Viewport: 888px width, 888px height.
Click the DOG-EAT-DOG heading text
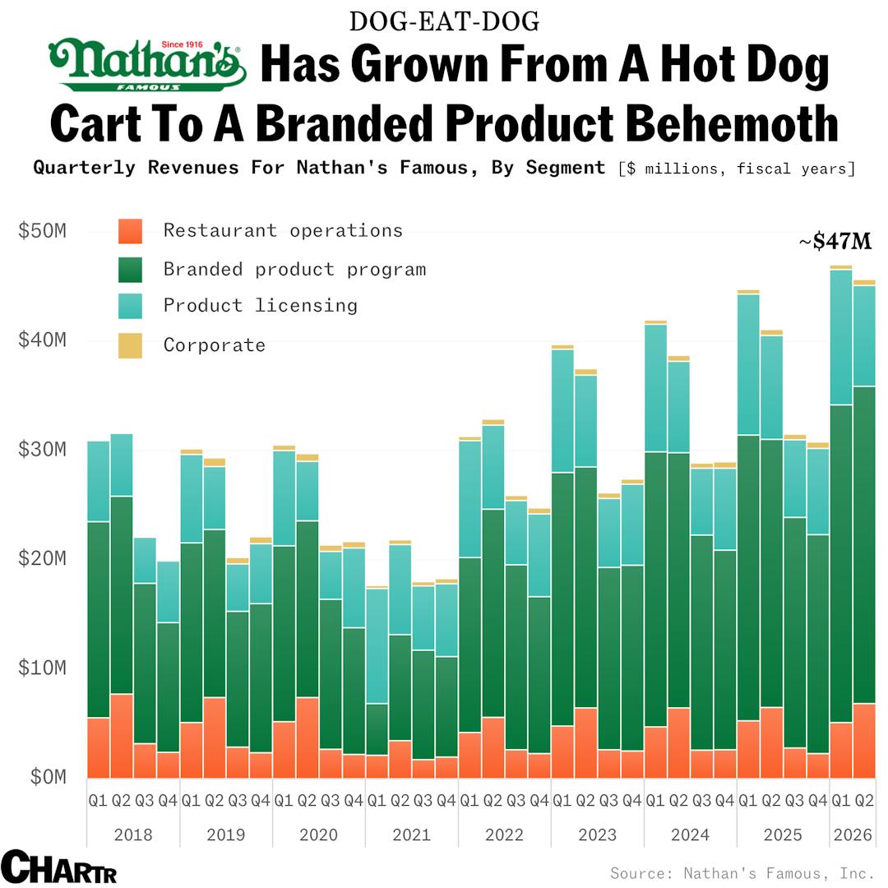click(444, 21)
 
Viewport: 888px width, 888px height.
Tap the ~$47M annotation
click(835, 242)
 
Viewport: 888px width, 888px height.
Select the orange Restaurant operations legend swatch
click(130, 231)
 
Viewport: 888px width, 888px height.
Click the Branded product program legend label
click(294, 269)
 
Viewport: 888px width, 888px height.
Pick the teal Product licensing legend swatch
click(130, 306)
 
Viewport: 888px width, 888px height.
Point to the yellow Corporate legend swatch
click(130, 345)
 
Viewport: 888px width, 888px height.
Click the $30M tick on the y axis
click(42, 450)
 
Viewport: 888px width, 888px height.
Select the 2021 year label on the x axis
click(411, 835)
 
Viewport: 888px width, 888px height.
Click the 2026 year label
click(853, 835)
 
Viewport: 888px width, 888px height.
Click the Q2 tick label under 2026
click(864, 800)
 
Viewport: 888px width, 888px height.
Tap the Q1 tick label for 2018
click(98, 800)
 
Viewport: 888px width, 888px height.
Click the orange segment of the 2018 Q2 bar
click(122, 736)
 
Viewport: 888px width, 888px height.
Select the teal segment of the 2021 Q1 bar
click(377, 645)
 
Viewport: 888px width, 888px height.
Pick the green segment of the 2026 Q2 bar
click(864, 543)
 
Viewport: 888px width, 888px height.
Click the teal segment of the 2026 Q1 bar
click(841, 337)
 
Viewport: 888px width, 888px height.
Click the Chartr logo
click(58, 867)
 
